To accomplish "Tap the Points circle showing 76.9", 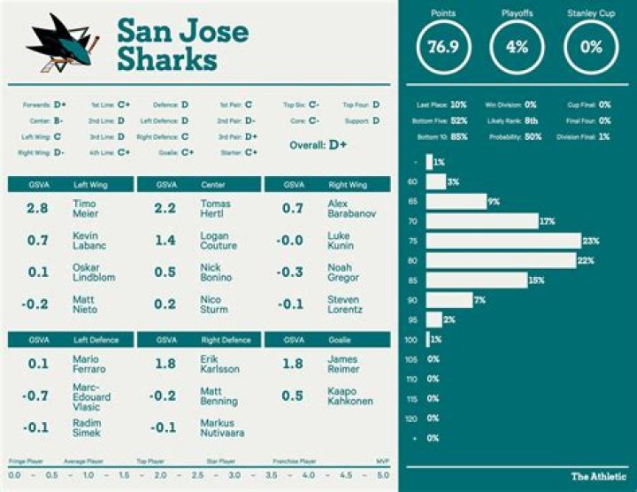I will [x=443, y=47].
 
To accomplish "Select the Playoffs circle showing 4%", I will [x=517, y=47].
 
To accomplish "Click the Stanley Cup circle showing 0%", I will [x=591, y=47].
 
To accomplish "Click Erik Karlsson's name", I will [x=219, y=364].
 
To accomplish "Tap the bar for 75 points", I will [x=503, y=241].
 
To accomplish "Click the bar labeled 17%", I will [x=482, y=221].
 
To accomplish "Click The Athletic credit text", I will [x=599, y=477].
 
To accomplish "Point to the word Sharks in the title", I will [x=166, y=60].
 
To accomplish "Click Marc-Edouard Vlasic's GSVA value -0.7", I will [x=37, y=396].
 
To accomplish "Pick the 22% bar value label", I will [x=585, y=261].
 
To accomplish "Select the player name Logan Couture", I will [x=218, y=241].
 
